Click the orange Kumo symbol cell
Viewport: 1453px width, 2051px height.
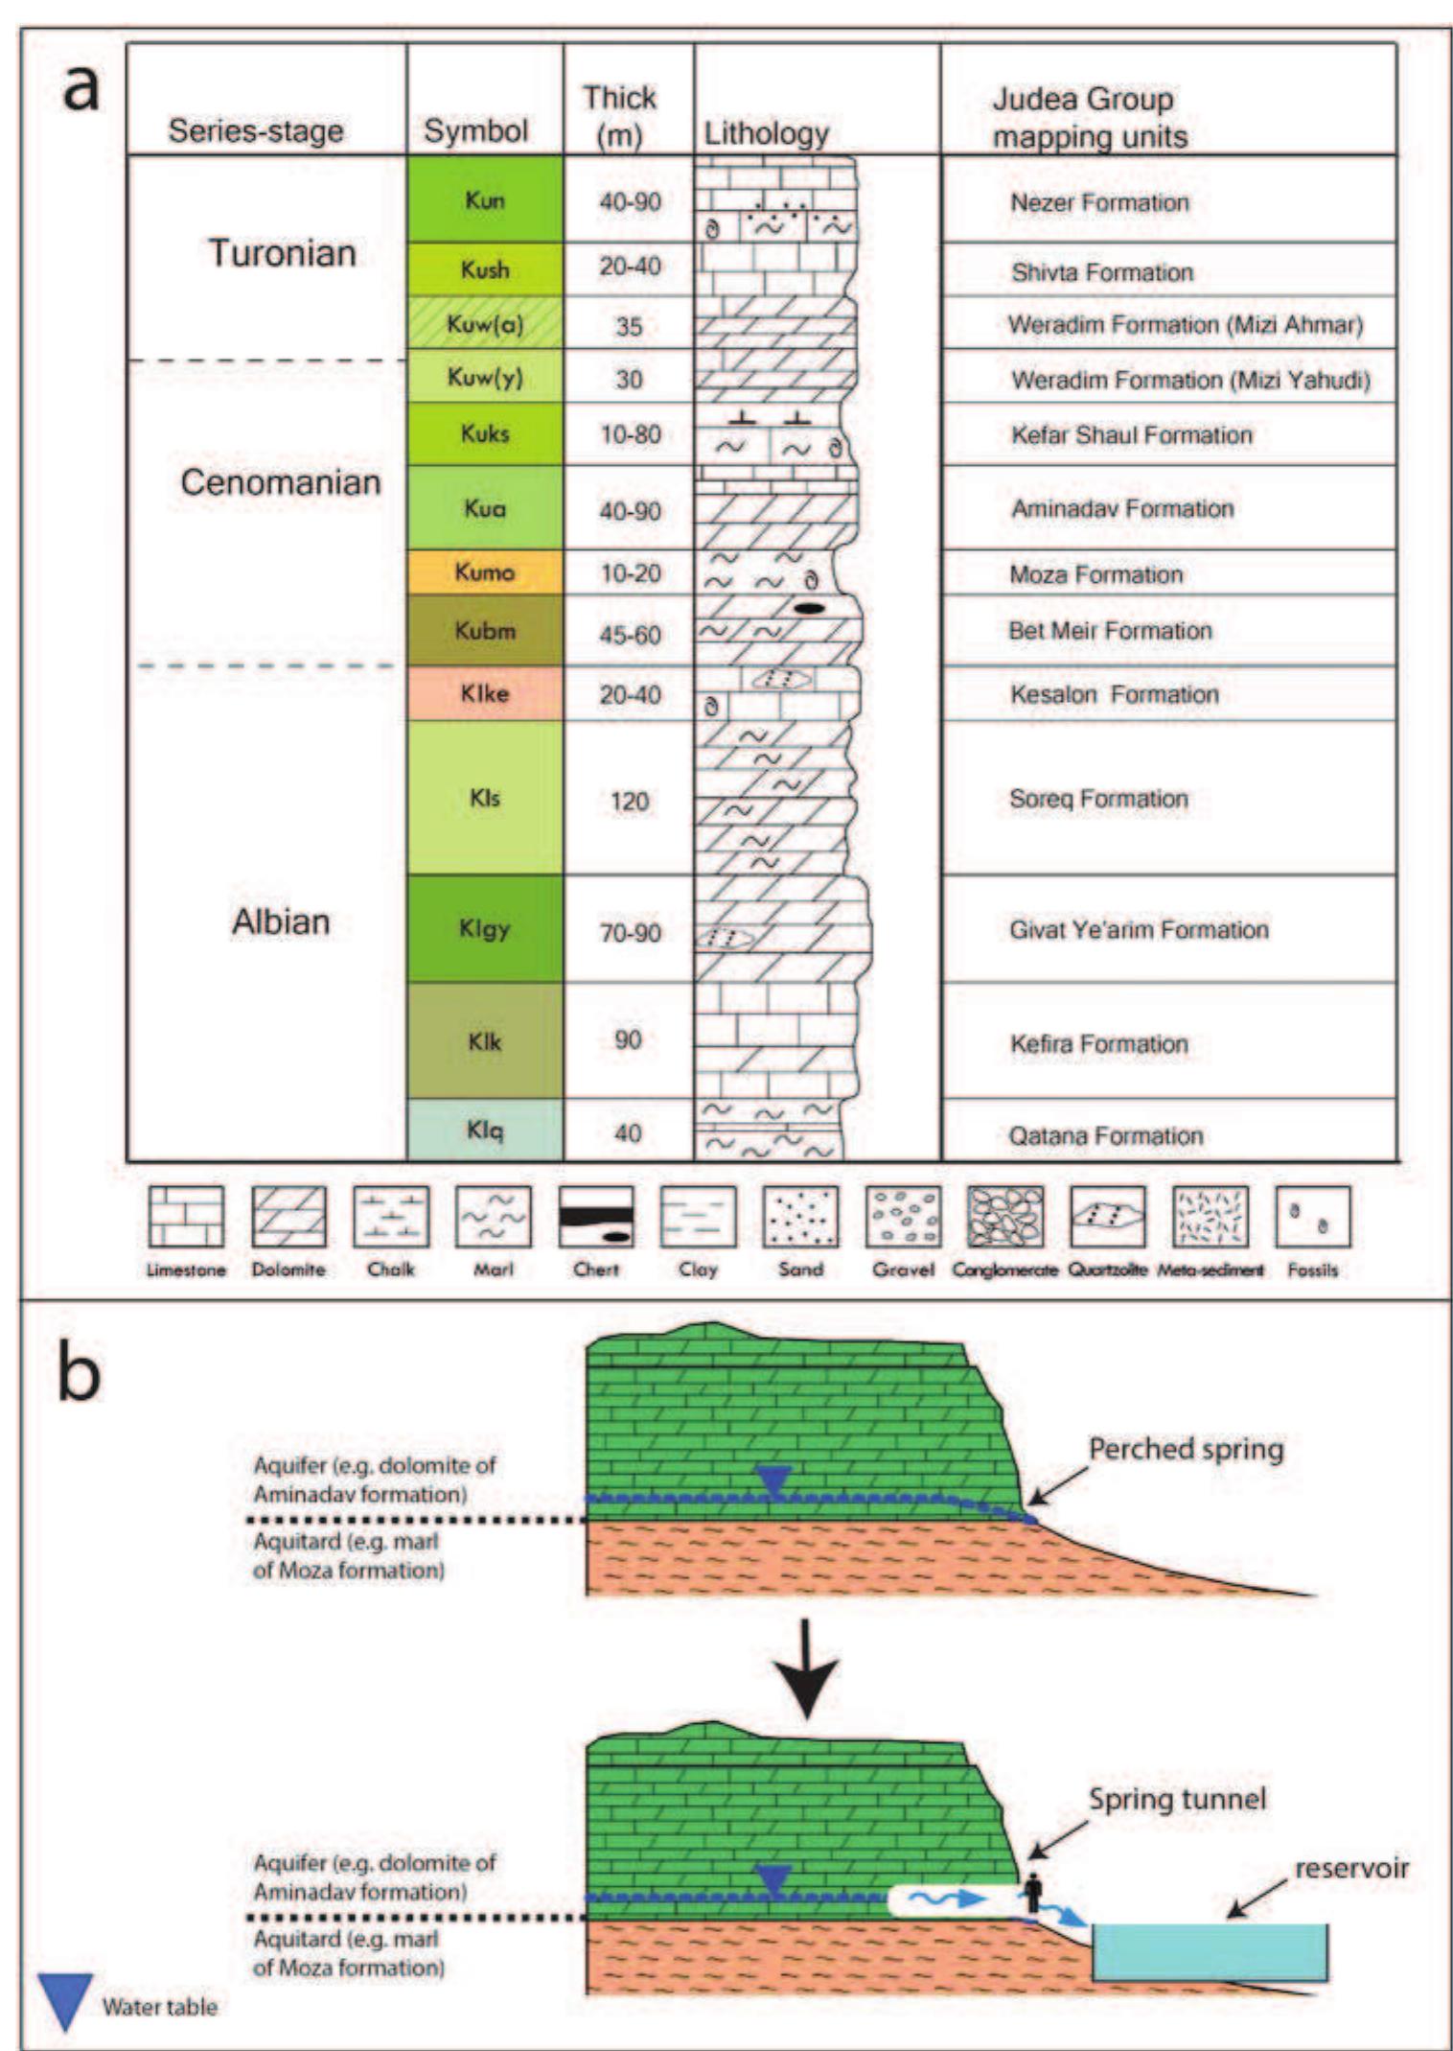point(484,572)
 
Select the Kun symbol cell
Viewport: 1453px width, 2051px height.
point(484,199)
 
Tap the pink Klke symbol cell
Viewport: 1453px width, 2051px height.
point(484,693)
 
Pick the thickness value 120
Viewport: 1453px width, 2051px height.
point(629,801)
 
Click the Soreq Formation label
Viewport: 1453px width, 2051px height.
point(1098,799)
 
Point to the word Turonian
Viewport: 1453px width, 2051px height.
point(282,253)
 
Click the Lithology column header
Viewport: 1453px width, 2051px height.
point(766,132)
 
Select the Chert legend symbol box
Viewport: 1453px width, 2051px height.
point(595,1217)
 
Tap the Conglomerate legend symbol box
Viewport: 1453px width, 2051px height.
point(1004,1217)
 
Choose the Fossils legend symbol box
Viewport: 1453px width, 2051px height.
point(1312,1217)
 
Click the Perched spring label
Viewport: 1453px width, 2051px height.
point(1185,1449)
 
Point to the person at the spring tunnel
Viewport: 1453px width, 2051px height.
point(1032,1892)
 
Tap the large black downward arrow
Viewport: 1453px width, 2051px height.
point(807,1669)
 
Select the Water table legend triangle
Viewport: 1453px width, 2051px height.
point(65,2000)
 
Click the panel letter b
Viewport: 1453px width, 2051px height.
point(79,1373)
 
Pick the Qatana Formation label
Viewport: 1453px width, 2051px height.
point(1105,1136)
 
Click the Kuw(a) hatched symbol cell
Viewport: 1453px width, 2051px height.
point(484,324)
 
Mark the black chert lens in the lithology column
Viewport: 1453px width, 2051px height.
point(810,608)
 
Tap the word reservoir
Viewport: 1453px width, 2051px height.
point(1350,1868)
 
